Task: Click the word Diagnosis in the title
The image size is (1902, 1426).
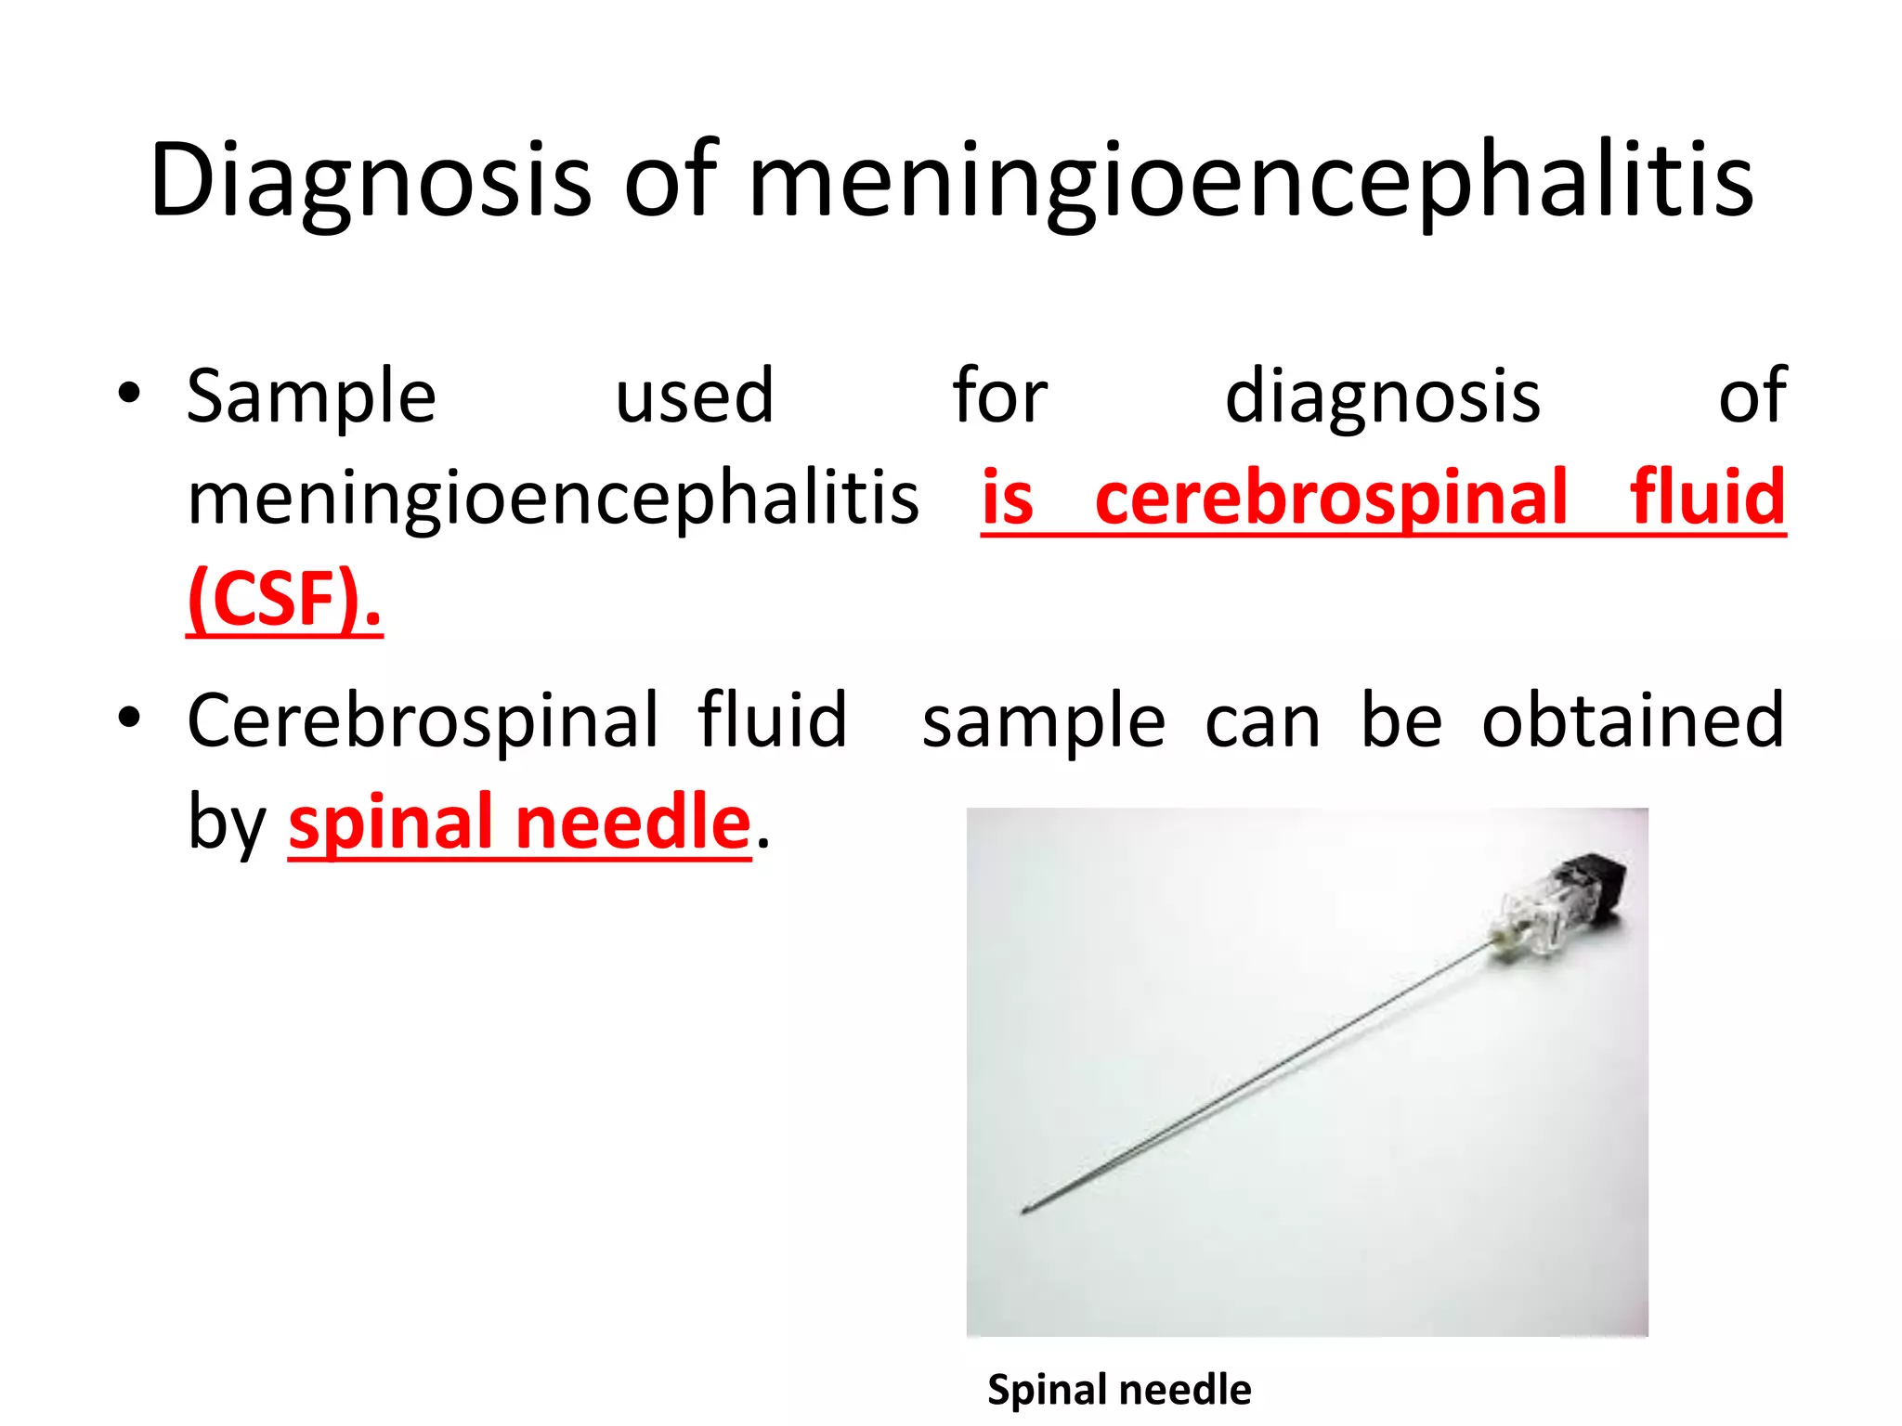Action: click(x=370, y=181)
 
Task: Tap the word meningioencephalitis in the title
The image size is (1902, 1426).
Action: click(x=1251, y=181)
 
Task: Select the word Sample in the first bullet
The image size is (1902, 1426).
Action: click(x=311, y=396)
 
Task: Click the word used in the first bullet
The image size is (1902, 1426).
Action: click(x=694, y=396)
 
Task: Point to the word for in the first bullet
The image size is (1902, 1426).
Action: click(x=999, y=396)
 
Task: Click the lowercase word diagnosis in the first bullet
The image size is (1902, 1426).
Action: click(x=1383, y=396)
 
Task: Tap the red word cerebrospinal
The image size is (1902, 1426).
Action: click(x=1331, y=498)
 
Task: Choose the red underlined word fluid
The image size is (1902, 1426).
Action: click(x=1707, y=498)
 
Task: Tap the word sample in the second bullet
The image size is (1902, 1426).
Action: click(x=1043, y=722)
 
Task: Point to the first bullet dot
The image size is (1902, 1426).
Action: click(x=129, y=394)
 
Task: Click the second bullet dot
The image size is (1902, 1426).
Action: click(x=129, y=718)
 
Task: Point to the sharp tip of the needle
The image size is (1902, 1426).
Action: click(x=1024, y=1210)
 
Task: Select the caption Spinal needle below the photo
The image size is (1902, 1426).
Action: click(x=1118, y=1390)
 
